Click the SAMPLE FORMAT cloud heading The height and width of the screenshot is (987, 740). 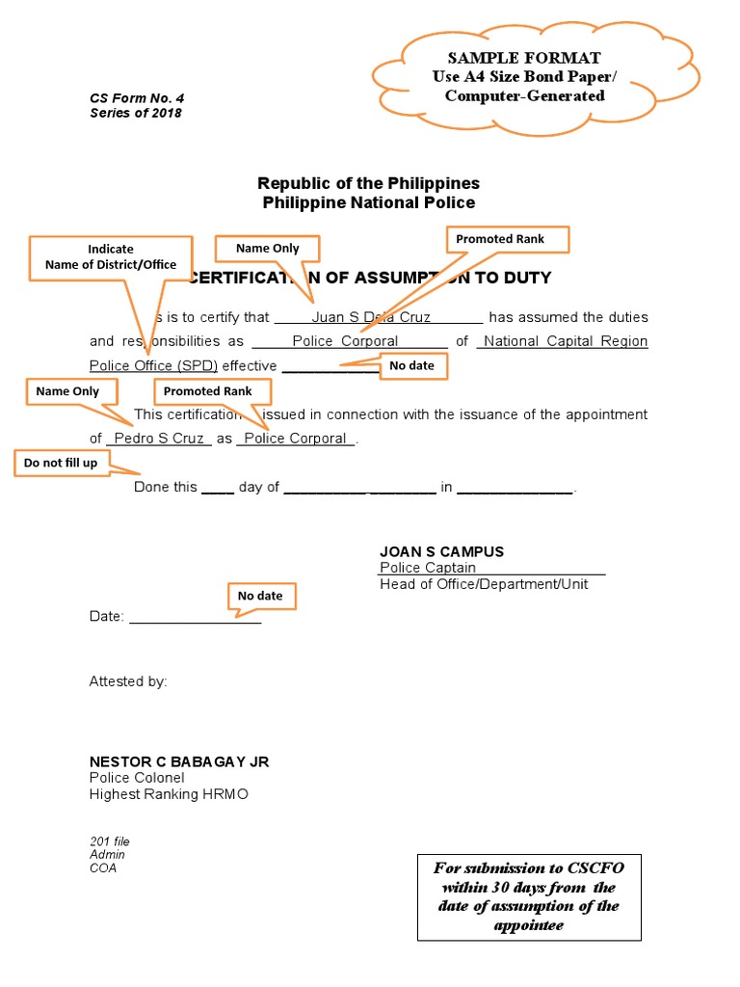pos(523,58)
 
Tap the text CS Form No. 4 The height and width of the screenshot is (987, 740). pos(137,97)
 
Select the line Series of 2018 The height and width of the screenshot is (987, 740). pos(136,113)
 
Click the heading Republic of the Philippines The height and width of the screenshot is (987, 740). pos(368,183)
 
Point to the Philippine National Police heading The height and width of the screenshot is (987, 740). pos(368,202)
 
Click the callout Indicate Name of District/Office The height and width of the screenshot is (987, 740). pos(111,256)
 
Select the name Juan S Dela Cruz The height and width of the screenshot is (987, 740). pos(371,317)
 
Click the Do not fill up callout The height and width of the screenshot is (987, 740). pos(61,464)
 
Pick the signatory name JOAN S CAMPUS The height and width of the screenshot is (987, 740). pos(441,552)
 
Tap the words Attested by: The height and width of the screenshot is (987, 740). pos(128,681)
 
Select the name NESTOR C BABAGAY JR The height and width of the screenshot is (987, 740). pos(179,761)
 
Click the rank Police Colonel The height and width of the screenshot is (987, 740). pos(137,778)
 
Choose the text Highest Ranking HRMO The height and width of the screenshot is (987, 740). pos(169,794)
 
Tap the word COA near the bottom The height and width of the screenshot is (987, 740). pos(103,867)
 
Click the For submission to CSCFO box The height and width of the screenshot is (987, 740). pos(529,896)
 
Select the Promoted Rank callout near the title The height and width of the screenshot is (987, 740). pos(500,239)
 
